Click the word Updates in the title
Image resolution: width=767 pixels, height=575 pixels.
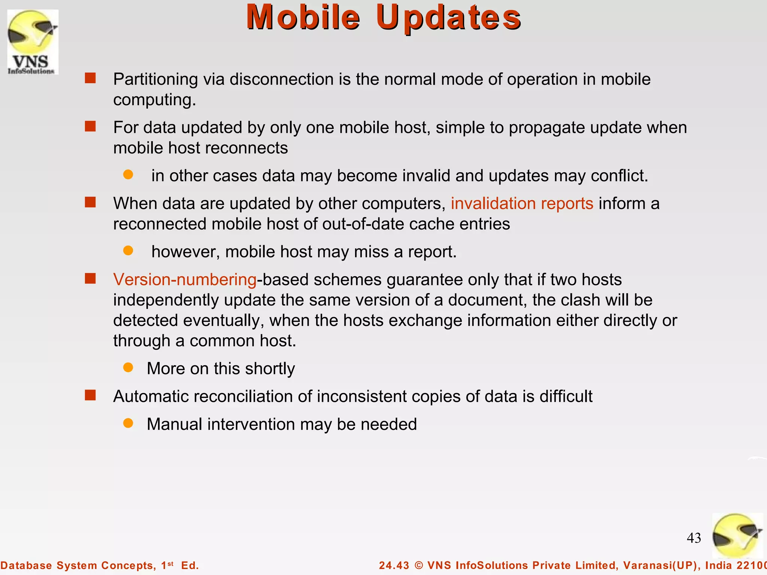click(x=448, y=18)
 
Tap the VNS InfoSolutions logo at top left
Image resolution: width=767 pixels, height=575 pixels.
click(x=33, y=42)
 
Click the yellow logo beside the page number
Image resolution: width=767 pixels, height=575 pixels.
click(x=737, y=535)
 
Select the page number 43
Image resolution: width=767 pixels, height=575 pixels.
click(x=694, y=538)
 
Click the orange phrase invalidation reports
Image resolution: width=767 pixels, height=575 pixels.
click(x=522, y=204)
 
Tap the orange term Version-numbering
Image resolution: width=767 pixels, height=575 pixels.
click(x=185, y=280)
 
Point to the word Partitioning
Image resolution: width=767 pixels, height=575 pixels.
click(x=155, y=79)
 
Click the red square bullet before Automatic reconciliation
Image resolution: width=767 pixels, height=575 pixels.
click(x=90, y=395)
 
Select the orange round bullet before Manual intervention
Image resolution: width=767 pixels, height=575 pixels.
click(x=128, y=423)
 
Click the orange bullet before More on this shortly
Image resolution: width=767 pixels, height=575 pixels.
click(x=128, y=368)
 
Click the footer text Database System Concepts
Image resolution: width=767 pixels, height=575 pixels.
click(x=78, y=565)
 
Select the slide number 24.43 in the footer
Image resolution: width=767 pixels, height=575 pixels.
click(x=394, y=565)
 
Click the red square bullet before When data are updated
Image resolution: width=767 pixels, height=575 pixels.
click(x=90, y=203)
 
